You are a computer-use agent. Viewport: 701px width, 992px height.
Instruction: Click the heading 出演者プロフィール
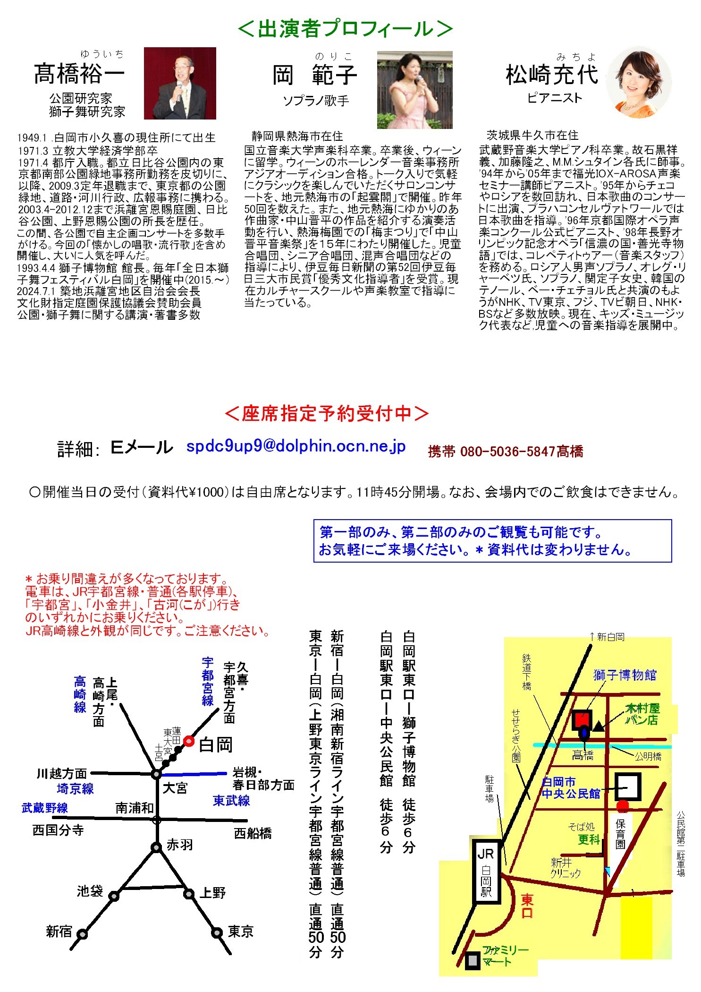[x=345, y=29]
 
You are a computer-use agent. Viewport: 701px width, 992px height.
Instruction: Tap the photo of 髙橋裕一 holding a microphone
[x=180, y=83]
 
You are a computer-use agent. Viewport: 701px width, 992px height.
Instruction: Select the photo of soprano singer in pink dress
[x=414, y=90]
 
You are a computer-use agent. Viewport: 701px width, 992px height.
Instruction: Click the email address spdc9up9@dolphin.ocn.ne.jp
[x=296, y=446]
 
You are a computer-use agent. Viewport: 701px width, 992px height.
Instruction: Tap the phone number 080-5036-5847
[x=507, y=452]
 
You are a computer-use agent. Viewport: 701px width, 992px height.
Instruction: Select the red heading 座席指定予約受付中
[x=327, y=413]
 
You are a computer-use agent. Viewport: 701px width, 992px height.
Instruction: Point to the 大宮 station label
[x=175, y=788]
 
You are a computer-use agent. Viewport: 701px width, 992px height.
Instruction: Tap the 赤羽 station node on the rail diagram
[x=156, y=847]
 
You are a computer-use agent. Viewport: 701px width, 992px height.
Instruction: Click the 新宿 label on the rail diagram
[x=59, y=932]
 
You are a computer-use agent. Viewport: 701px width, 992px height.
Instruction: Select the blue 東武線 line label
[x=231, y=801]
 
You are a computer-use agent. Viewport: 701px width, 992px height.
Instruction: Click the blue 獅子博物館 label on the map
[x=624, y=675]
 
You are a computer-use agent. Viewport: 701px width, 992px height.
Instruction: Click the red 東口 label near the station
[x=527, y=906]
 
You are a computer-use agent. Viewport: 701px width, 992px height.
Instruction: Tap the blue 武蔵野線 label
[x=45, y=808]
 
